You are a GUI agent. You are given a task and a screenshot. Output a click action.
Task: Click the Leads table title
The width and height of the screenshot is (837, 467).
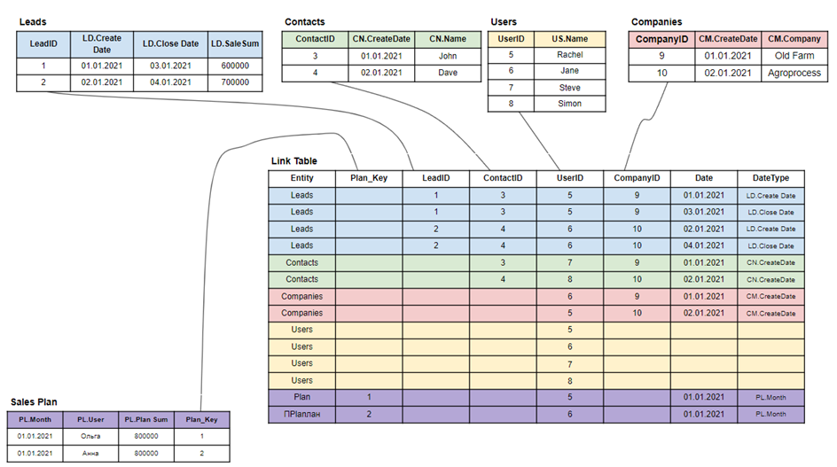(x=33, y=20)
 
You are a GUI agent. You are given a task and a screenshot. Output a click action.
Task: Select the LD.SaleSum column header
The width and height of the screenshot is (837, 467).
(x=235, y=43)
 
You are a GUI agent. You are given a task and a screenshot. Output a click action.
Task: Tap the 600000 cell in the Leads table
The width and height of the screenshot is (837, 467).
(x=235, y=66)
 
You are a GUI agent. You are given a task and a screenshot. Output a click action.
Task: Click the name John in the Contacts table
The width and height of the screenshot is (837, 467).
(x=448, y=57)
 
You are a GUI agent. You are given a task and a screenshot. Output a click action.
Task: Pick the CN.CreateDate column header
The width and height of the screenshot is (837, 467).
(x=382, y=39)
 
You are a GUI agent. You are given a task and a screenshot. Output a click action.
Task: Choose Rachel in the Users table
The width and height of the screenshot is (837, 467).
(x=570, y=55)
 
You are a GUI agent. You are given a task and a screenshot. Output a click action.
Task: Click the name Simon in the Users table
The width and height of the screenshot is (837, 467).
(x=570, y=104)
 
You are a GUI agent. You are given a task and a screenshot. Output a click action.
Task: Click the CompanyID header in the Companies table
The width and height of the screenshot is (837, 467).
(x=661, y=39)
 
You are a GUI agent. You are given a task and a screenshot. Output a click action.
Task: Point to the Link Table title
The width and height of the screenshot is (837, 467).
(x=293, y=161)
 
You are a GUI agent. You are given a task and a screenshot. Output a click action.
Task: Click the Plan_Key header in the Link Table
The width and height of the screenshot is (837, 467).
(x=368, y=178)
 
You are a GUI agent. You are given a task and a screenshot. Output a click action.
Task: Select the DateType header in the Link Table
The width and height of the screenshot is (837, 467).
(x=770, y=178)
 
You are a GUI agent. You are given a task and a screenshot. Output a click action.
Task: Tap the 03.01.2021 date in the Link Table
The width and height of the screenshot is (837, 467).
(x=703, y=212)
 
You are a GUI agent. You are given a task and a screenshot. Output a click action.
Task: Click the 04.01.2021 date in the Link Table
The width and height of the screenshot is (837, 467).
(x=703, y=245)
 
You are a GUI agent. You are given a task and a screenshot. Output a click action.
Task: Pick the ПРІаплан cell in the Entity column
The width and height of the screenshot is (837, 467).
(x=301, y=413)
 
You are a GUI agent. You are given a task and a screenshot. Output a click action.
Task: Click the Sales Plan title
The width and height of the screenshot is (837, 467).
(x=35, y=403)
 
